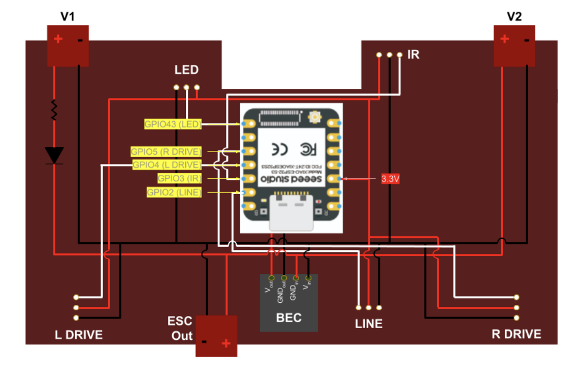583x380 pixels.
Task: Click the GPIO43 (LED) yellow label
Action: [173, 123]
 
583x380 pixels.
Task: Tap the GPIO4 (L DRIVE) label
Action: [167, 165]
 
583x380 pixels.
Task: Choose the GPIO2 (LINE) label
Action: [174, 192]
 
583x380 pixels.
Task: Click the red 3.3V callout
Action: [391, 179]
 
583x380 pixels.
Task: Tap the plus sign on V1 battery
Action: [58, 39]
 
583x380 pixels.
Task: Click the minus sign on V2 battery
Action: [527, 40]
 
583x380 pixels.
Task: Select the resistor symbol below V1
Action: [54, 110]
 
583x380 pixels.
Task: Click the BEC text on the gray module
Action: [288, 319]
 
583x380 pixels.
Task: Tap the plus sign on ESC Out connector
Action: [226, 344]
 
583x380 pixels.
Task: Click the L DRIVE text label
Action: [79, 335]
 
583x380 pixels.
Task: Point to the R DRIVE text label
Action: [516, 334]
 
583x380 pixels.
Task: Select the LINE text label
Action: [369, 324]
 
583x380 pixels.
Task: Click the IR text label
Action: [414, 54]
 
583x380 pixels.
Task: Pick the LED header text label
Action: [186, 70]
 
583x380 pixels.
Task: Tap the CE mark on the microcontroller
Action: [279, 149]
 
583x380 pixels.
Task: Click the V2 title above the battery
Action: [514, 17]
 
